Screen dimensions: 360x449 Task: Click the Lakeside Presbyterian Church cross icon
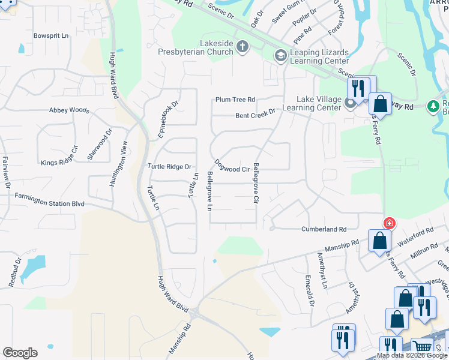[x=243, y=47]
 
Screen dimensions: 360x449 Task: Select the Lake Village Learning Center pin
[x=351, y=104]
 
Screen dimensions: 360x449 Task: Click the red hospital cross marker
[x=390, y=223]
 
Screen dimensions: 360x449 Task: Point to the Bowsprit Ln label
[x=52, y=36]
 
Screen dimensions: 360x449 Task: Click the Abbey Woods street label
[x=70, y=110]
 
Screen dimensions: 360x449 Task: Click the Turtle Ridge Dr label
[x=169, y=166]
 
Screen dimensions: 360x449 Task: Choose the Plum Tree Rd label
[x=236, y=100]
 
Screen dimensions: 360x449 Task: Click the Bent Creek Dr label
[x=255, y=113]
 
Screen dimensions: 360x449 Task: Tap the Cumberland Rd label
[x=324, y=229]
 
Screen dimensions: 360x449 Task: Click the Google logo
[x=20, y=353]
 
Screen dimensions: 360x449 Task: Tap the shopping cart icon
[x=423, y=346]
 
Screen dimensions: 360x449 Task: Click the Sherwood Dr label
[x=100, y=145]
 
